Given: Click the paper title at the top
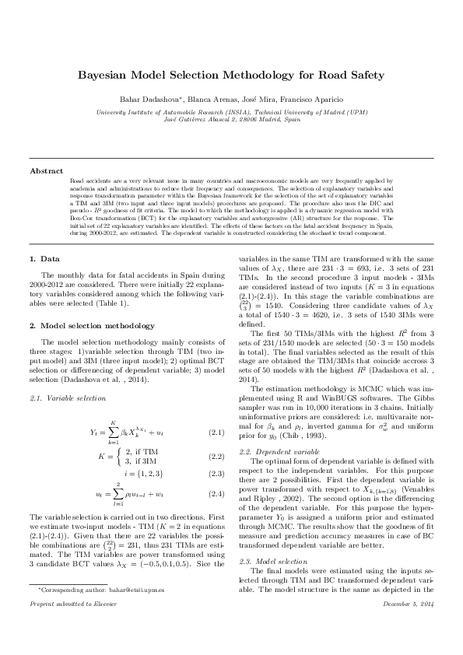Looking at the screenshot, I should (x=231, y=75).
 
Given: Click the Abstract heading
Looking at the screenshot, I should (x=47, y=170).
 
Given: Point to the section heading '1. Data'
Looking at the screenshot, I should (x=44, y=258).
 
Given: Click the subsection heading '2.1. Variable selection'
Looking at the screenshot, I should (x=66, y=398).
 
